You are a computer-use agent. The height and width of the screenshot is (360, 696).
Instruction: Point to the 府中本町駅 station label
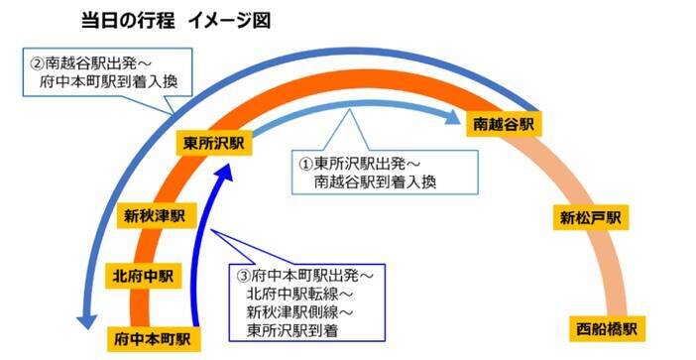152,336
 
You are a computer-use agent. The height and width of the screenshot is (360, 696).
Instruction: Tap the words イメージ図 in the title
231,20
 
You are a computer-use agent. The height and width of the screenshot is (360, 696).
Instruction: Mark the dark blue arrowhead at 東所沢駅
227,170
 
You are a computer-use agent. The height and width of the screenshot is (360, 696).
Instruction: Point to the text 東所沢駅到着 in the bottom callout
291,330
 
